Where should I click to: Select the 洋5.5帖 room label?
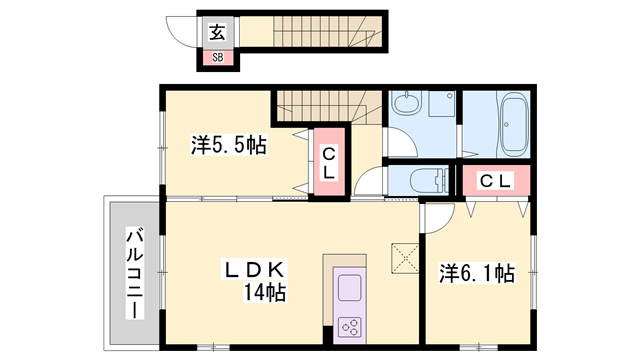click(x=229, y=145)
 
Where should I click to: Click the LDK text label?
click(x=254, y=269)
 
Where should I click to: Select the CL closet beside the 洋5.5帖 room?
click(x=328, y=161)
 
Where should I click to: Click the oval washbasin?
click(x=407, y=102)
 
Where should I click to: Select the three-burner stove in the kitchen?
click(x=351, y=325)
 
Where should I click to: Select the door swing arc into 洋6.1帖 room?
click(x=436, y=214)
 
